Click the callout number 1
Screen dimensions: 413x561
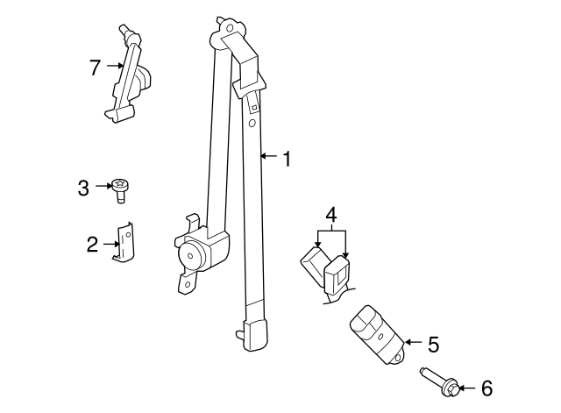click(x=285, y=158)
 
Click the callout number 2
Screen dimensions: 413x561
click(x=92, y=245)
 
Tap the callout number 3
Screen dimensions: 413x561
click(x=83, y=187)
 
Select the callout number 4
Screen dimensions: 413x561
click(x=330, y=214)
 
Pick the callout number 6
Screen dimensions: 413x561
click(x=488, y=387)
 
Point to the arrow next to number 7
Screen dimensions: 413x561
click(x=115, y=65)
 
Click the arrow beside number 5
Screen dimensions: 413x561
click(x=413, y=342)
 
